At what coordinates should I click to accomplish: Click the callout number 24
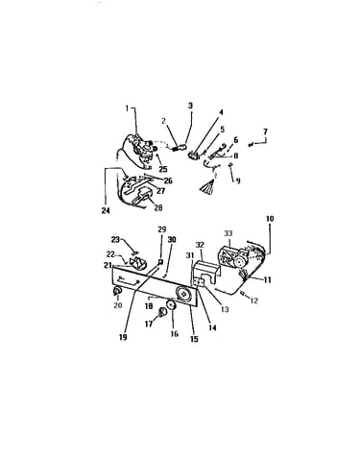pos(106,211)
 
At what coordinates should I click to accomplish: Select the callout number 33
pos(228,233)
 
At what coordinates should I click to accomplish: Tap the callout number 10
pos(270,219)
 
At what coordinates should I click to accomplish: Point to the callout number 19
pos(123,337)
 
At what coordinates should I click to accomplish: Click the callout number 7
pos(265,132)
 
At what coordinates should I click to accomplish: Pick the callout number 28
pos(158,207)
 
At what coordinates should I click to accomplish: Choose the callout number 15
pos(194,339)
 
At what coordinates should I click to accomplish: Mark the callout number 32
pos(200,246)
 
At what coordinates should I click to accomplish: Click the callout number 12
pos(253,300)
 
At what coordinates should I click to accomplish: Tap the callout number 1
pos(127,108)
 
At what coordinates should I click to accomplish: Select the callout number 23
pos(115,239)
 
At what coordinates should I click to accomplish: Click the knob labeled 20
pos(117,291)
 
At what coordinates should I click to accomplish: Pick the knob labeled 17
pos(163,312)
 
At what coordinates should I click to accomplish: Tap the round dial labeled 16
pos(172,305)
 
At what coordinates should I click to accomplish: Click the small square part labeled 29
pos(161,262)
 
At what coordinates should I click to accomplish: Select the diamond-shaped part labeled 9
pos(231,165)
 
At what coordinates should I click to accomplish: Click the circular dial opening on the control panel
pos(183,293)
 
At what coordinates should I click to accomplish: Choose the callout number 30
pos(172,240)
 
